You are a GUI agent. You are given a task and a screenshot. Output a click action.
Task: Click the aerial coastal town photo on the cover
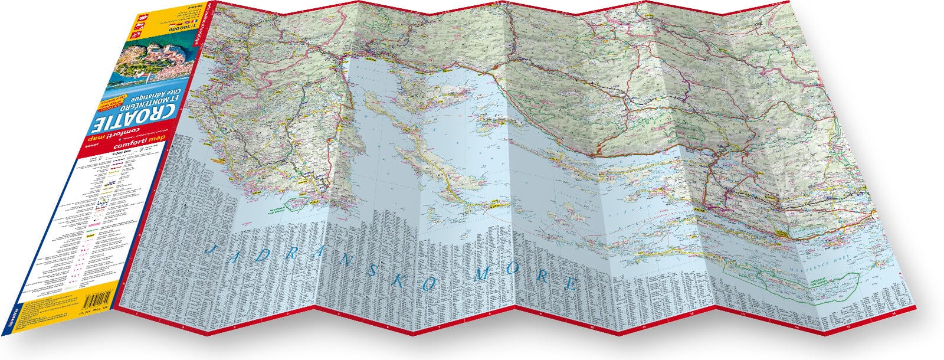[156, 63]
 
